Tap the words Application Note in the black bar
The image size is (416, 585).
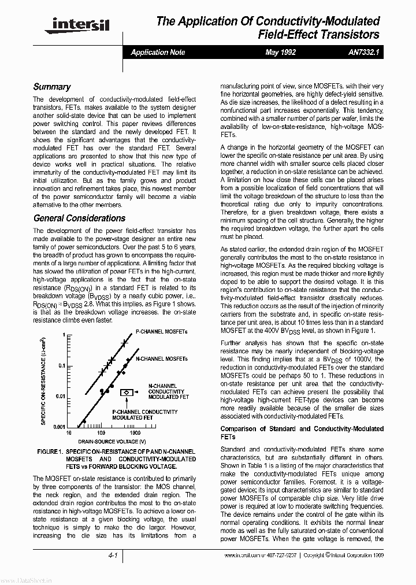pyautogui.click(x=158, y=52)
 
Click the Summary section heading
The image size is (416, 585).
pyautogui.click(x=51, y=87)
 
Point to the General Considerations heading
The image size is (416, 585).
pyautogui.click(x=79, y=219)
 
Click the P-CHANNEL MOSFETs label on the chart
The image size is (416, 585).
pyautogui.click(x=162, y=332)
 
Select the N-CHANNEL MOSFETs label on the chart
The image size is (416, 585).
pyautogui.click(x=162, y=359)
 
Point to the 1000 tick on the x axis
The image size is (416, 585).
pyautogui.click(x=135, y=433)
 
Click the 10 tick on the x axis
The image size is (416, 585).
pyautogui.click(x=69, y=433)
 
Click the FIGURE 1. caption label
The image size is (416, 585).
pyautogui.click(x=49, y=451)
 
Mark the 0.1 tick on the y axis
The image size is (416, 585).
pyautogui.click(x=61, y=365)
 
